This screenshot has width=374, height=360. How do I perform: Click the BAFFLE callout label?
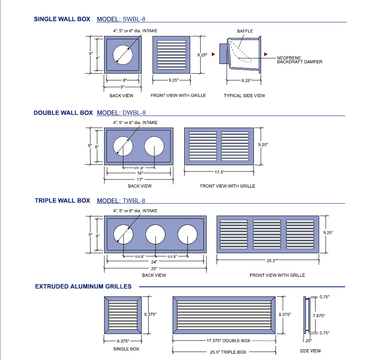245,31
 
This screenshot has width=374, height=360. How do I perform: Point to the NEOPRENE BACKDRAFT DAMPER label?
300,60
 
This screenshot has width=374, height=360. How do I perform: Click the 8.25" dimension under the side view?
246,80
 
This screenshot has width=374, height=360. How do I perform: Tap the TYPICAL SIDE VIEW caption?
244,96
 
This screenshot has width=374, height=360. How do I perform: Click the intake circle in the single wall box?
123,54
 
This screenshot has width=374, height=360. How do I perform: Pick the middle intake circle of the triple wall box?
155,234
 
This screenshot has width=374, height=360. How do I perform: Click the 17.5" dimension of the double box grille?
219,172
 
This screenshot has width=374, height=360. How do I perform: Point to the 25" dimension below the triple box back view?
154,269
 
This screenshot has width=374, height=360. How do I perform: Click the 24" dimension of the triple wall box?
154,262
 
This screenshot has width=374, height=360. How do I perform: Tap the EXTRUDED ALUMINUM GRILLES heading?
83,286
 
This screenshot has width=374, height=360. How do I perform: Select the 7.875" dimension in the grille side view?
319,316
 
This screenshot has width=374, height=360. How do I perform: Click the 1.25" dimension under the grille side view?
306,341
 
